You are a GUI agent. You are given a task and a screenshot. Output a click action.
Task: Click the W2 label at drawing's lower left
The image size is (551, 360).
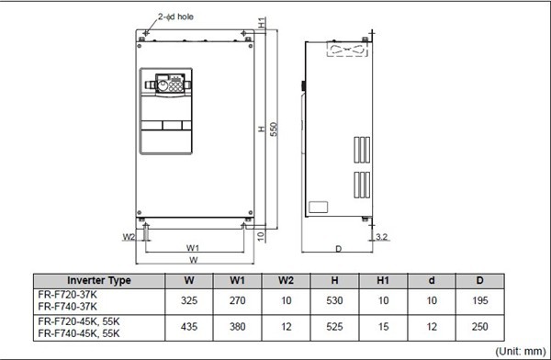129,237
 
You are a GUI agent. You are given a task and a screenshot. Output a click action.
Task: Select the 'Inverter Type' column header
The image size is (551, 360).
99,280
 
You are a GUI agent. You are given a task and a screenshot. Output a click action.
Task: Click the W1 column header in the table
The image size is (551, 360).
236,280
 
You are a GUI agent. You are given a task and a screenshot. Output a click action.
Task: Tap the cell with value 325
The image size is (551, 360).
188,299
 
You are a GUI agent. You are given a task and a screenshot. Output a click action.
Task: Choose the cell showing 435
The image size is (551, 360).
188,327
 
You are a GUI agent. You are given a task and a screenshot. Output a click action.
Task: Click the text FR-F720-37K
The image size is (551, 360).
70,294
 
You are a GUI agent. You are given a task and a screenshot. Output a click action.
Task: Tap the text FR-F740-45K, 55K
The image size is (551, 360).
78,332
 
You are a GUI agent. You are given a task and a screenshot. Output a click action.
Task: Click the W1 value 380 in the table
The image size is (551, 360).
236,327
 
